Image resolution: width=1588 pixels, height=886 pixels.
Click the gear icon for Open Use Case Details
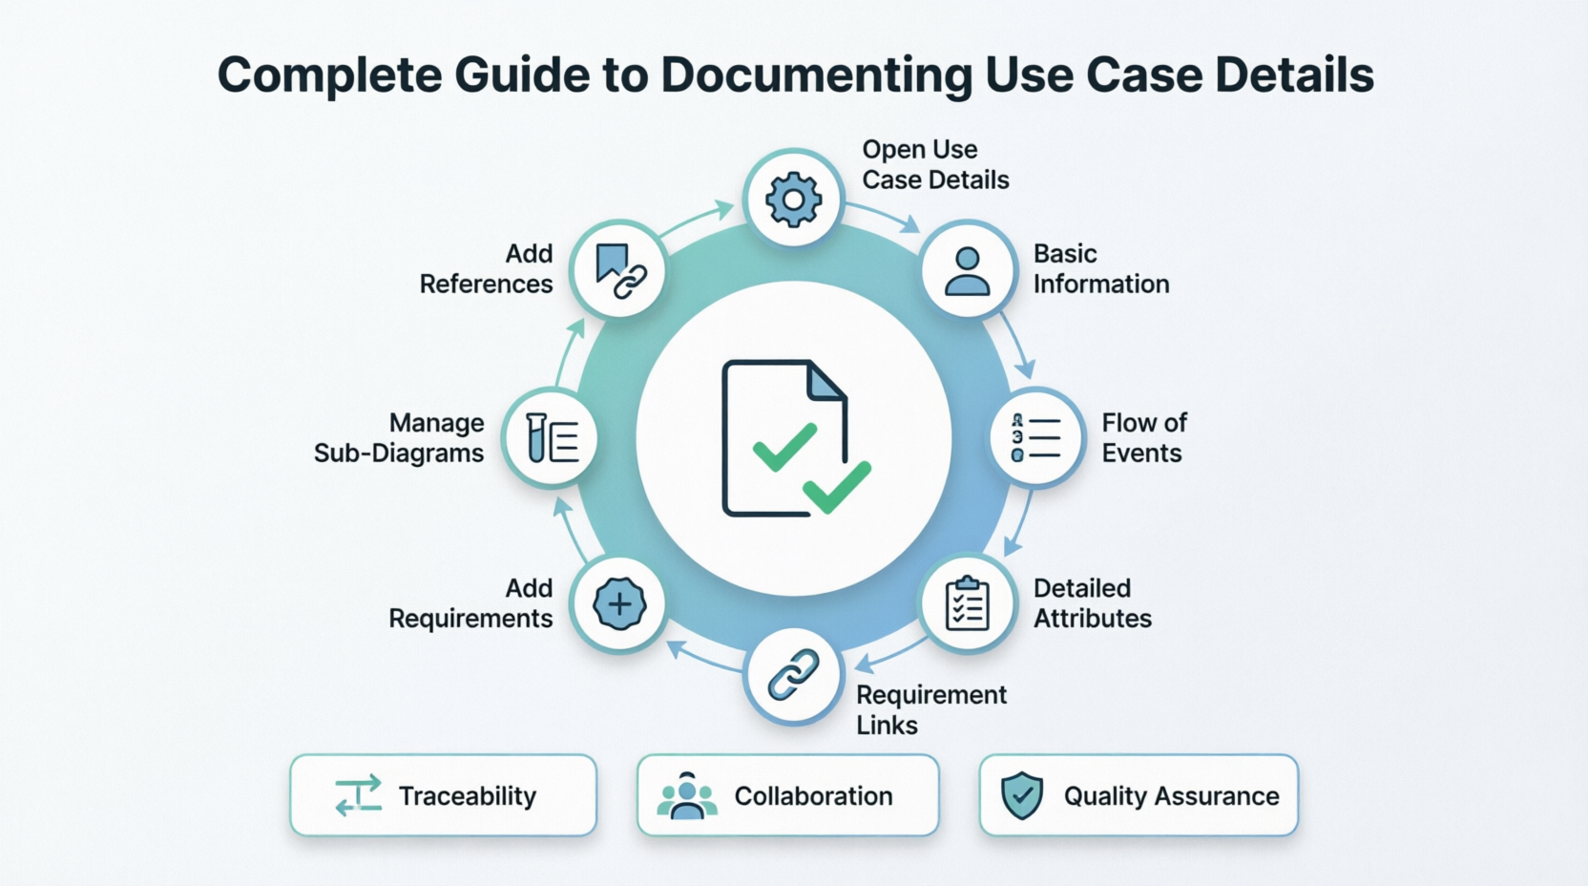tap(793, 200)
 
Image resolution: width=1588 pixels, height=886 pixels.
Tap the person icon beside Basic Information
tap(967, 270)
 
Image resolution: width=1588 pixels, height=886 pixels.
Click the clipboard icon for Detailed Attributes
tap(967, 603)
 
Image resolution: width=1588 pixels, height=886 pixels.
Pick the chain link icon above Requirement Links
tap(793, 675)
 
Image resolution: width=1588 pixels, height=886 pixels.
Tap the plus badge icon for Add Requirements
tap(619, 603)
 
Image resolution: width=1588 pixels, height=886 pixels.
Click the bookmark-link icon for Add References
tap(619, 270)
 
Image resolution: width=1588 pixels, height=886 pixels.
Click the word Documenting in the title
tap(816, 75)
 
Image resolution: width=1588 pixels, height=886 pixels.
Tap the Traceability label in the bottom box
tap(467, 796)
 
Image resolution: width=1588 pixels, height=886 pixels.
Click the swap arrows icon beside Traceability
tap(359, 795)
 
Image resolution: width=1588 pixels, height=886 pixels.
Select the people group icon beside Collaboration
tap(686, 795)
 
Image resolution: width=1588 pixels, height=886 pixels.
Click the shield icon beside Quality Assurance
tap(1021, 795)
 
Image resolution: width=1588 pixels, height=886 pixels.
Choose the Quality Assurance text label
tap(1171, 796)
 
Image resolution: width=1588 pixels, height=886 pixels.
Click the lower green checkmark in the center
tap(837, 487)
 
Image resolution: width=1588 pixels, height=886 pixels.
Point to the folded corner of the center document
tap(826, 380)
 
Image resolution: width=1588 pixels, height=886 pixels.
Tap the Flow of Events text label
tap(1143, 438)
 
